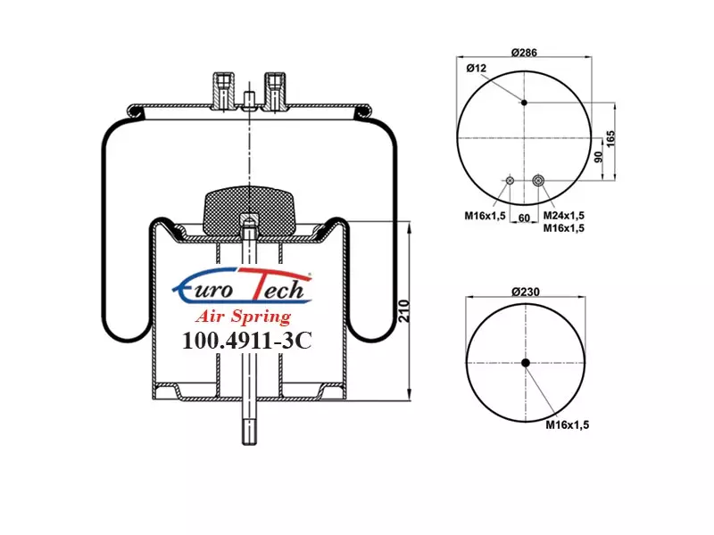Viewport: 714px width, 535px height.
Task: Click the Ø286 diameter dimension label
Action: [524, 53]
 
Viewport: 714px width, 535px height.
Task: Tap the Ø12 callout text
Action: [477, 69]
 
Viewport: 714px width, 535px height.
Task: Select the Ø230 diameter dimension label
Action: [526, 292]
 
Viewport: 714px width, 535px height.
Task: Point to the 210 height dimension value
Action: [404, 310]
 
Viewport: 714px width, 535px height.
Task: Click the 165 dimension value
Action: [610, 138]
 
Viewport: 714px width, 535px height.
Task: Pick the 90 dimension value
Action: [599, 157]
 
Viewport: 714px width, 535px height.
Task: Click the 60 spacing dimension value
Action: [524, 218]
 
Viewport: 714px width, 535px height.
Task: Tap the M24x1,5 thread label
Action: [564, 215]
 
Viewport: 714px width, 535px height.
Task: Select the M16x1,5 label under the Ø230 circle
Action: [568, 424]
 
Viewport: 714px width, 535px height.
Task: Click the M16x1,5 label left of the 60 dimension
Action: [485, 215]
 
